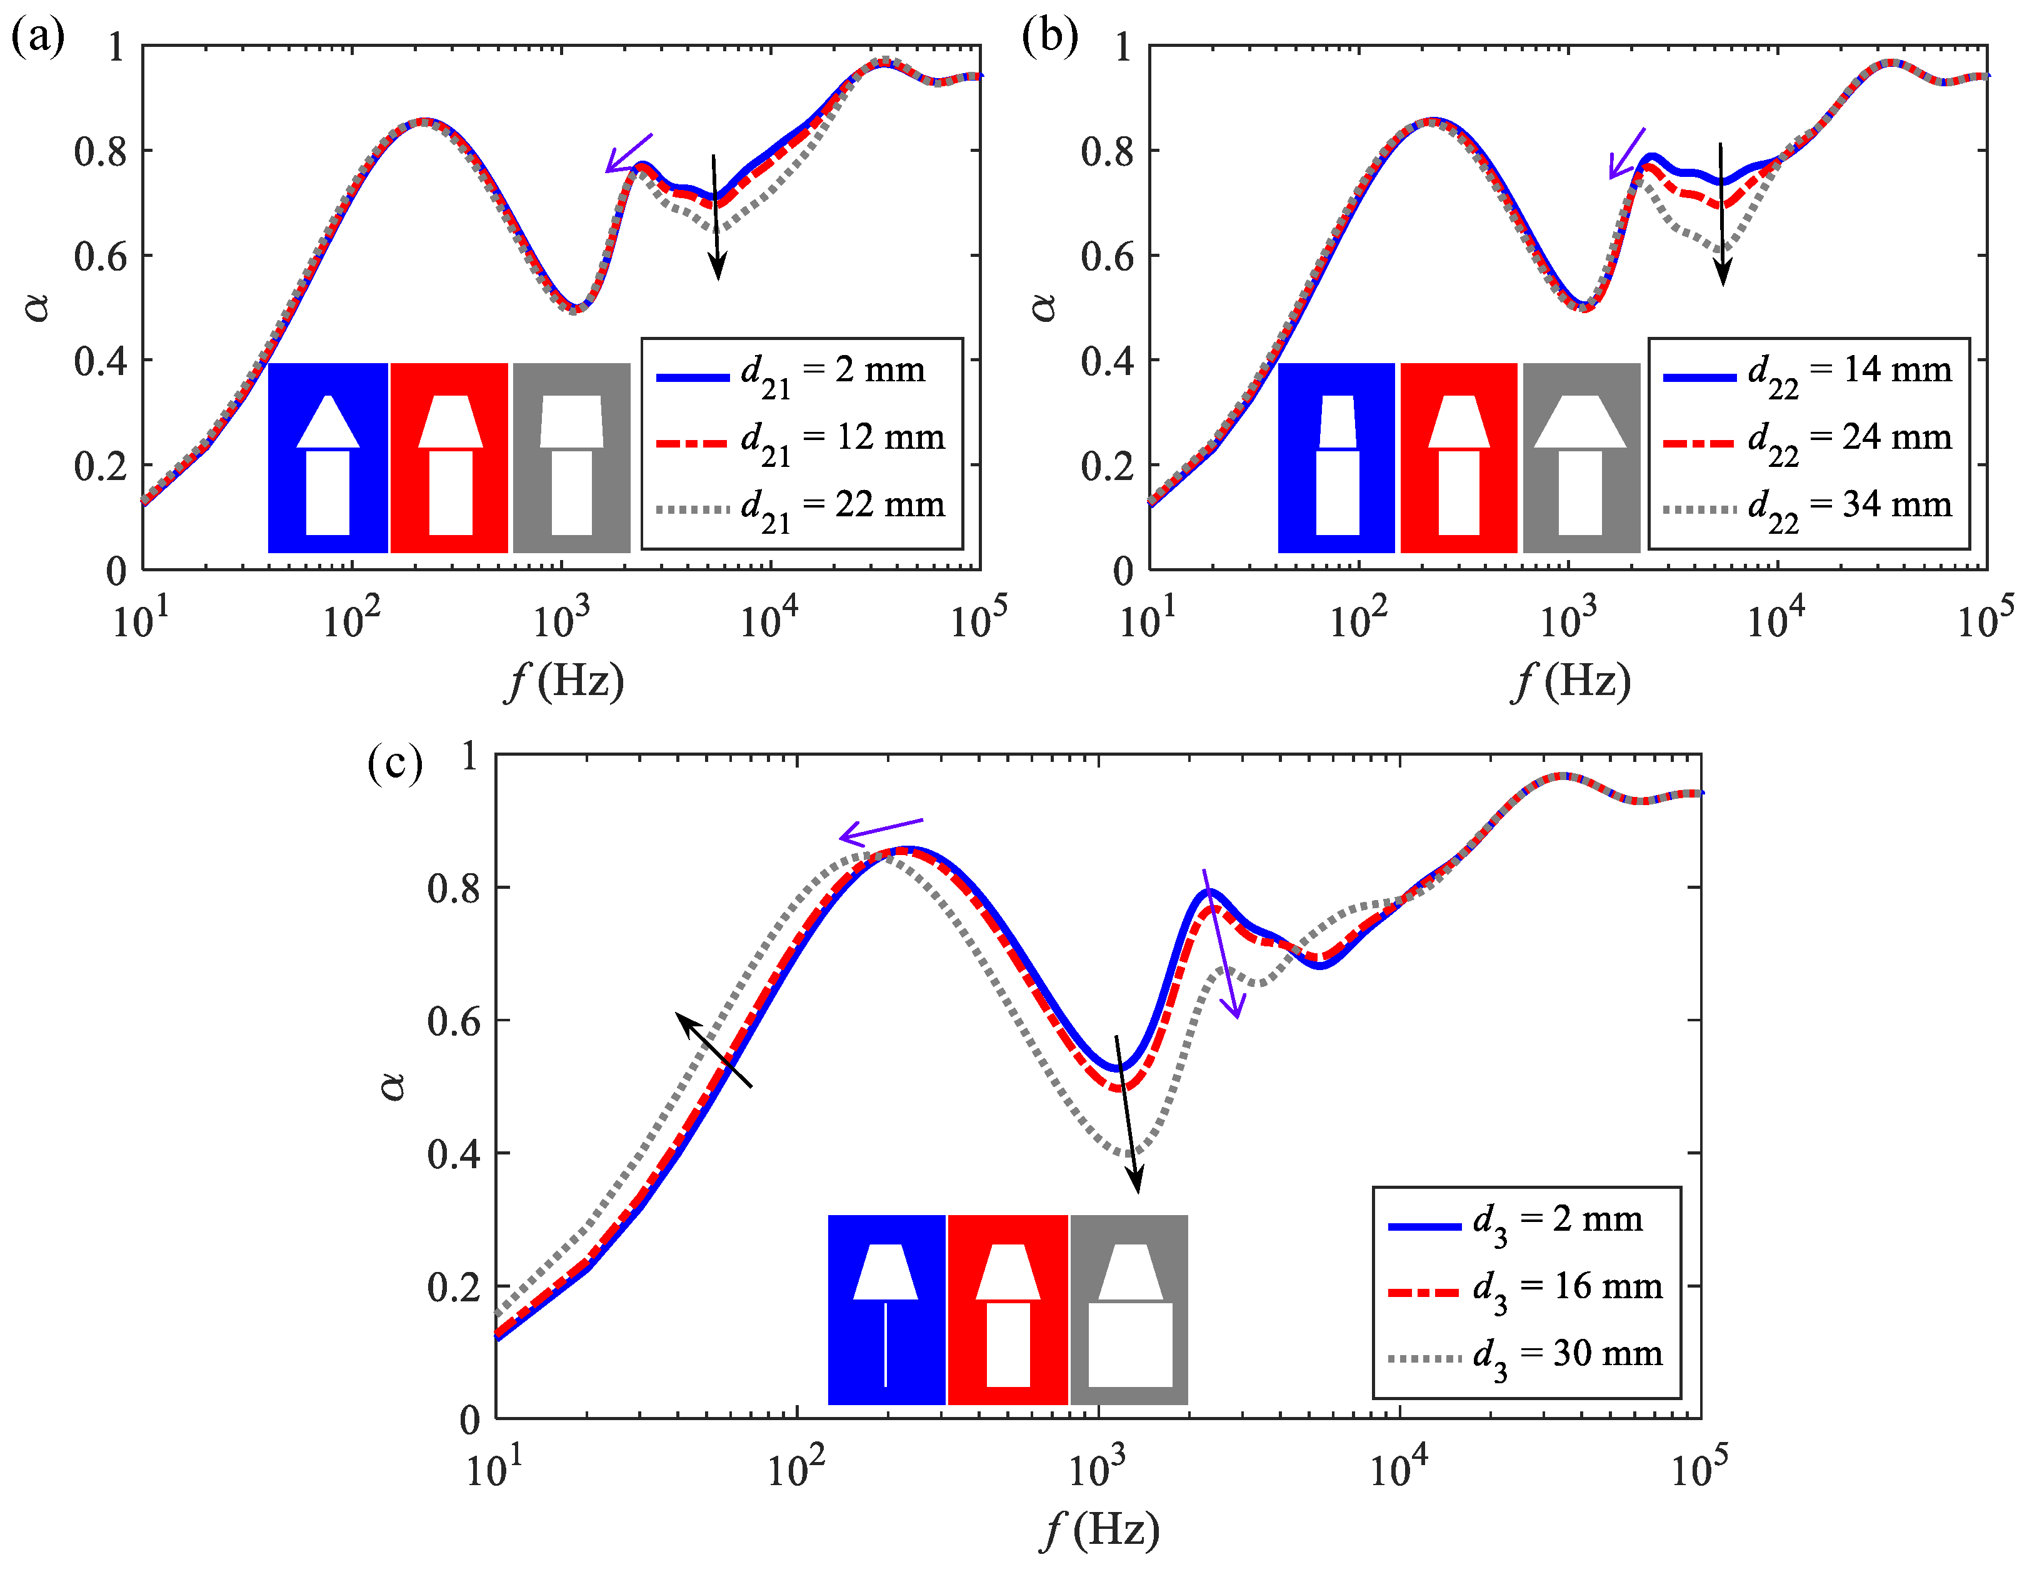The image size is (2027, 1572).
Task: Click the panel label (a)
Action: (37, 38)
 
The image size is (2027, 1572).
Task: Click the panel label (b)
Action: (1049, 38)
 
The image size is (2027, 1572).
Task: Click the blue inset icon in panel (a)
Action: (328, 458)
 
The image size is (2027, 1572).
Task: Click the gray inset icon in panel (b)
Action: (1581, 458)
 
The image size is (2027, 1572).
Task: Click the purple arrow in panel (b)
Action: (1626, 153)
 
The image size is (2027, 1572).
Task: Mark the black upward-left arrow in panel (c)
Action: (713, 1049)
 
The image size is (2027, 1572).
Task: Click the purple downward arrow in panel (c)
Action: (1221, 943)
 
